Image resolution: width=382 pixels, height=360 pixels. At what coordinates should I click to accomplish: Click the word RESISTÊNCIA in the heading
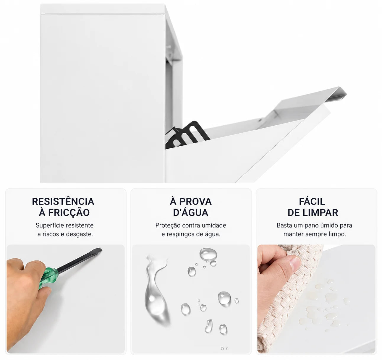63,202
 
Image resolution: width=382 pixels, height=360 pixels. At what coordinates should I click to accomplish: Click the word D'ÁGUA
191,212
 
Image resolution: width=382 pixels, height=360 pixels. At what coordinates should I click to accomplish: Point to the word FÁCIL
312,201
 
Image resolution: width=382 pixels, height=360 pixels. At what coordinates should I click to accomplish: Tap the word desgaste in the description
79,234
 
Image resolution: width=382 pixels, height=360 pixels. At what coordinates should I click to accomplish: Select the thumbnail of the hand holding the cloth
316,299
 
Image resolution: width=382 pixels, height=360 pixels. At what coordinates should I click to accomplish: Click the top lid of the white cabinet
103,9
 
